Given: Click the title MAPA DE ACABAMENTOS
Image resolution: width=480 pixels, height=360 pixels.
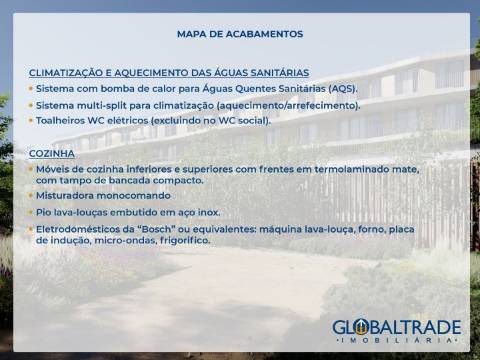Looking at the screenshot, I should coord(239,34).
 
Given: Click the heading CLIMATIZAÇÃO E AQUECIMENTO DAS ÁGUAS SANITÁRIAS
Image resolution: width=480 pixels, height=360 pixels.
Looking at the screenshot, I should coord(169,73).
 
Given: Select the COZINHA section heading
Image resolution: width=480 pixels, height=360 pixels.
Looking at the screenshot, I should coord(52,153).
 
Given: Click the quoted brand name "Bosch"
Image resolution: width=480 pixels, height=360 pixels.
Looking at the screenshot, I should coord(163,229).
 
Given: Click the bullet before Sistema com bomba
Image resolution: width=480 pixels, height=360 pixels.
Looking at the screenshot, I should coord(30,88).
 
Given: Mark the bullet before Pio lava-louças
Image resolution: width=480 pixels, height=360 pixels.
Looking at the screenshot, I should coord(30,212).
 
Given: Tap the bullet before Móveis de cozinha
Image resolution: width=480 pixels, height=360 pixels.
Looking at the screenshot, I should coord(30,169).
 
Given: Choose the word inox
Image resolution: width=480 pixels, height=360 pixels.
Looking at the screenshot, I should coord(207,212).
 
